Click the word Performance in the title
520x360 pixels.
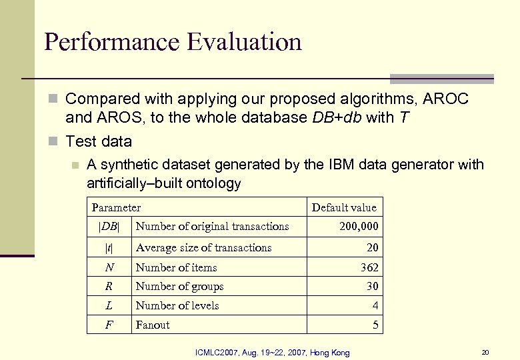pos(111,42)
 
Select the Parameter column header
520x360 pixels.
pos(116,207)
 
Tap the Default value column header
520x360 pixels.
pos(344,207)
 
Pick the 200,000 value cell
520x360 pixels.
pos(359,227)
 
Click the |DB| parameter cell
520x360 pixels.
pos(109,227)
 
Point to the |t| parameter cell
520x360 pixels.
pos(109,248)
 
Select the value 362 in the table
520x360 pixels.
pos(369,267)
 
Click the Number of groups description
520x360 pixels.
pos(179,286)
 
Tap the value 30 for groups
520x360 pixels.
pos(372,286)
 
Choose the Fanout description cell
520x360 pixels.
pos(153,325)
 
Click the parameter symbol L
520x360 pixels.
pos(109,305)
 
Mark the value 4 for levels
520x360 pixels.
pos(375,305)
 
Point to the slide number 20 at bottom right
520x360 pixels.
pos(485,352)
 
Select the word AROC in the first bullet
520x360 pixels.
pos(446,99)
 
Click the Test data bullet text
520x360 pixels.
pos(99,141)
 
